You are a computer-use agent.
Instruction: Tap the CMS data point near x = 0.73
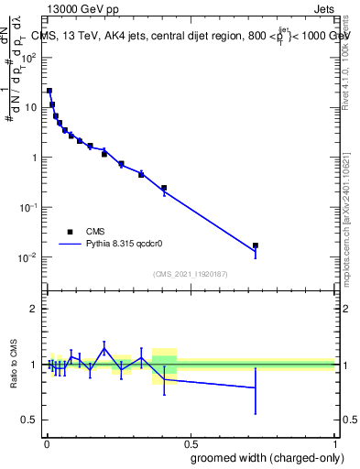(256, 245)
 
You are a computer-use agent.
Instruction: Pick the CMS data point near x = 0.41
(164, 188)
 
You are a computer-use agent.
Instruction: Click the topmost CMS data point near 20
(49, 91)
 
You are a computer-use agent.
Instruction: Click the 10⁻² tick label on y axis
(29, 257)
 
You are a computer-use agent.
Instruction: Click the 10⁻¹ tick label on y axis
(29, 207)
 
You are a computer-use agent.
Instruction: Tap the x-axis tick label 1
(334, 444)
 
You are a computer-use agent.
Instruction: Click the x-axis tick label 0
(46, 444)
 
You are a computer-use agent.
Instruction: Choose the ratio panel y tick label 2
(35, 309)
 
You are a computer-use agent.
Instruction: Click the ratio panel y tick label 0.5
(31, 420)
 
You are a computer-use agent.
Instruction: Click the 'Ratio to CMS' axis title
(15, 364)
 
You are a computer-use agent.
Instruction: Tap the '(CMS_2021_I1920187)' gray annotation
(191, 274)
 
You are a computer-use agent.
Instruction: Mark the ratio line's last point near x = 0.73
(256, 387)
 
